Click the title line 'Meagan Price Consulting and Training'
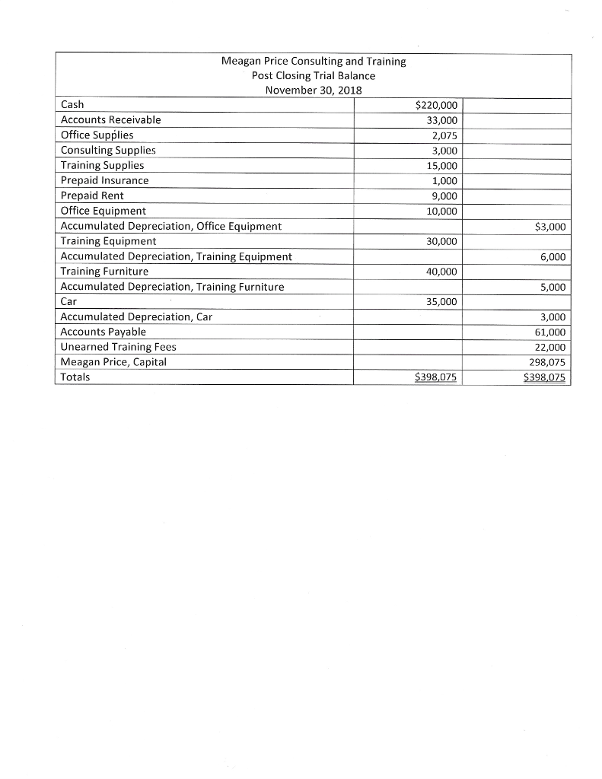(313, 61)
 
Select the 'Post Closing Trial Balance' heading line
(313, 75)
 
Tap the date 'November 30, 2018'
(313, 90)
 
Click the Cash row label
(72, 104)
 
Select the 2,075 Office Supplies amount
(443, 135)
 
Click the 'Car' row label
(68, 301)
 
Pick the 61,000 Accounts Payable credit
(551, 332)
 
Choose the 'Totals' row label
(75, 377)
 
